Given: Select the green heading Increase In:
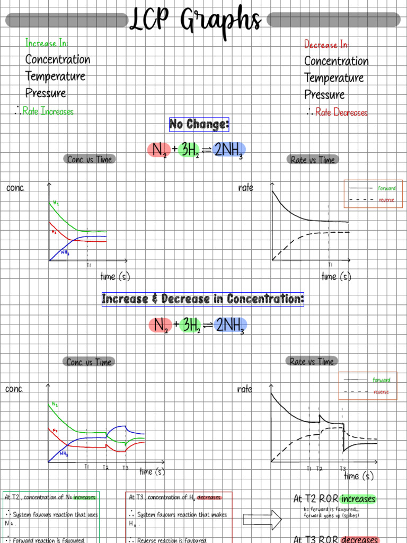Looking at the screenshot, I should click(47, 43).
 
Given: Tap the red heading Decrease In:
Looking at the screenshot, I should click(326, 45).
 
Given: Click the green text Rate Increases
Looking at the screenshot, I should click(48, 111).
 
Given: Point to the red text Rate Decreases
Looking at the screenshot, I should click(341, 112).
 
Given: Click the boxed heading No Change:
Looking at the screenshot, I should click(199, 125).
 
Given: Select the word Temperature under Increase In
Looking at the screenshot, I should click(55, 76).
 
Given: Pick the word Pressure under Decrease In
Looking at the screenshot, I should click(324, 95).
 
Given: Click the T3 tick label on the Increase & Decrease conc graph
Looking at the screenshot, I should click(125, 468).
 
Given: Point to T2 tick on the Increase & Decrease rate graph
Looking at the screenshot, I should click(319, 469).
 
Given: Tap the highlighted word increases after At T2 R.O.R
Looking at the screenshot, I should click(358, 499).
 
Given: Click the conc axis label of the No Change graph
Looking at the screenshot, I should click(15, 188).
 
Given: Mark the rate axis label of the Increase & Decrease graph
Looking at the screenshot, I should click(244, 389).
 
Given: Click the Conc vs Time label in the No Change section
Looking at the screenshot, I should click(90, 159).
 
